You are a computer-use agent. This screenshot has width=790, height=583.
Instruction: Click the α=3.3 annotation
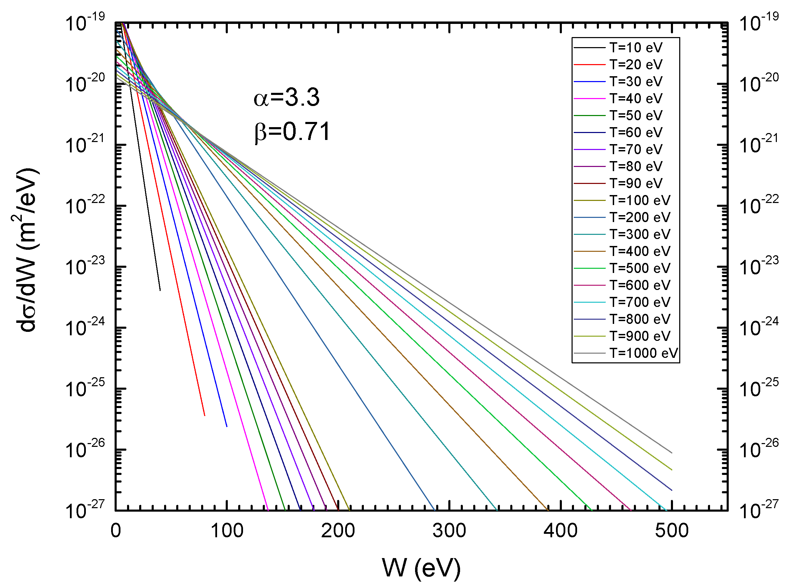pos(286,97)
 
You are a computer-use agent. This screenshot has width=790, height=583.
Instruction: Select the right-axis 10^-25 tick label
pos(758,388)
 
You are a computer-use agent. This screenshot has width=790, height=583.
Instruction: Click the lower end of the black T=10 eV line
pos(160,290)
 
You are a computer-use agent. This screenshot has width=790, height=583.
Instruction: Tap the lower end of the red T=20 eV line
pos(205,415)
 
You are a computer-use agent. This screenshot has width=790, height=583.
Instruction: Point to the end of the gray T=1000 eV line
pos(672,453)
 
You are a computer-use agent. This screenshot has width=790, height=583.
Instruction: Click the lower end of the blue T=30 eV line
pos(227,426)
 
